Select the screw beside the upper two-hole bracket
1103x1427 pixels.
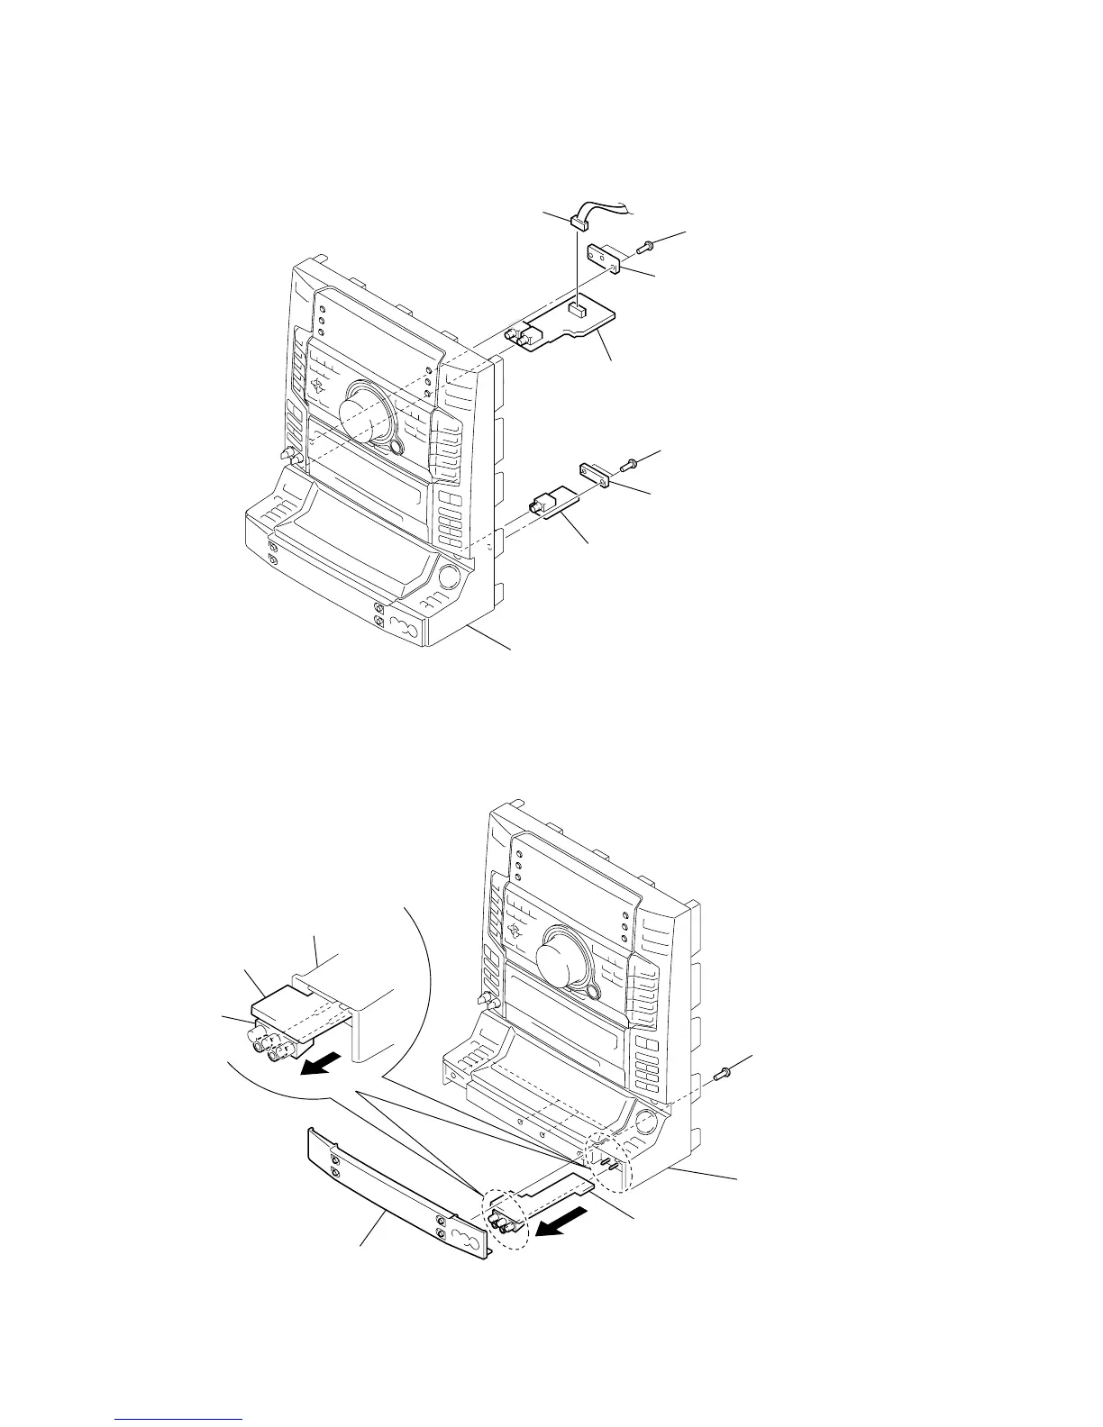pyautogui.click(x=645, y=244)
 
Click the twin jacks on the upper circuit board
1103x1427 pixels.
pyautogui.click(x=518, y=337)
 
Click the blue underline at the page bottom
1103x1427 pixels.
pyautogui.click(x=180, y=1421)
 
